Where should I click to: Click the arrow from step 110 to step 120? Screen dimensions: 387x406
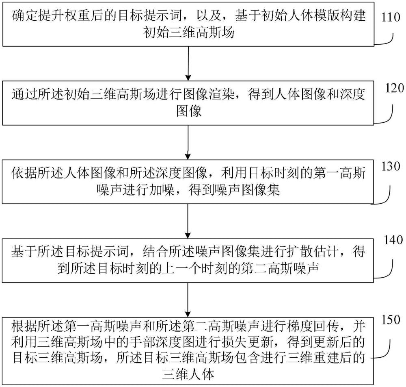coord(188,63)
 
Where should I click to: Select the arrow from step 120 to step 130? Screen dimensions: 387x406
coord(188,142)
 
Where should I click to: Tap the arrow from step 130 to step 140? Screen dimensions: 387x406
coord(188,220)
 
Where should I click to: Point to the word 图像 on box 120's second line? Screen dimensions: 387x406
coord(189,111)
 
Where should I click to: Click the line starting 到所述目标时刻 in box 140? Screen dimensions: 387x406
coord(189,268)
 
